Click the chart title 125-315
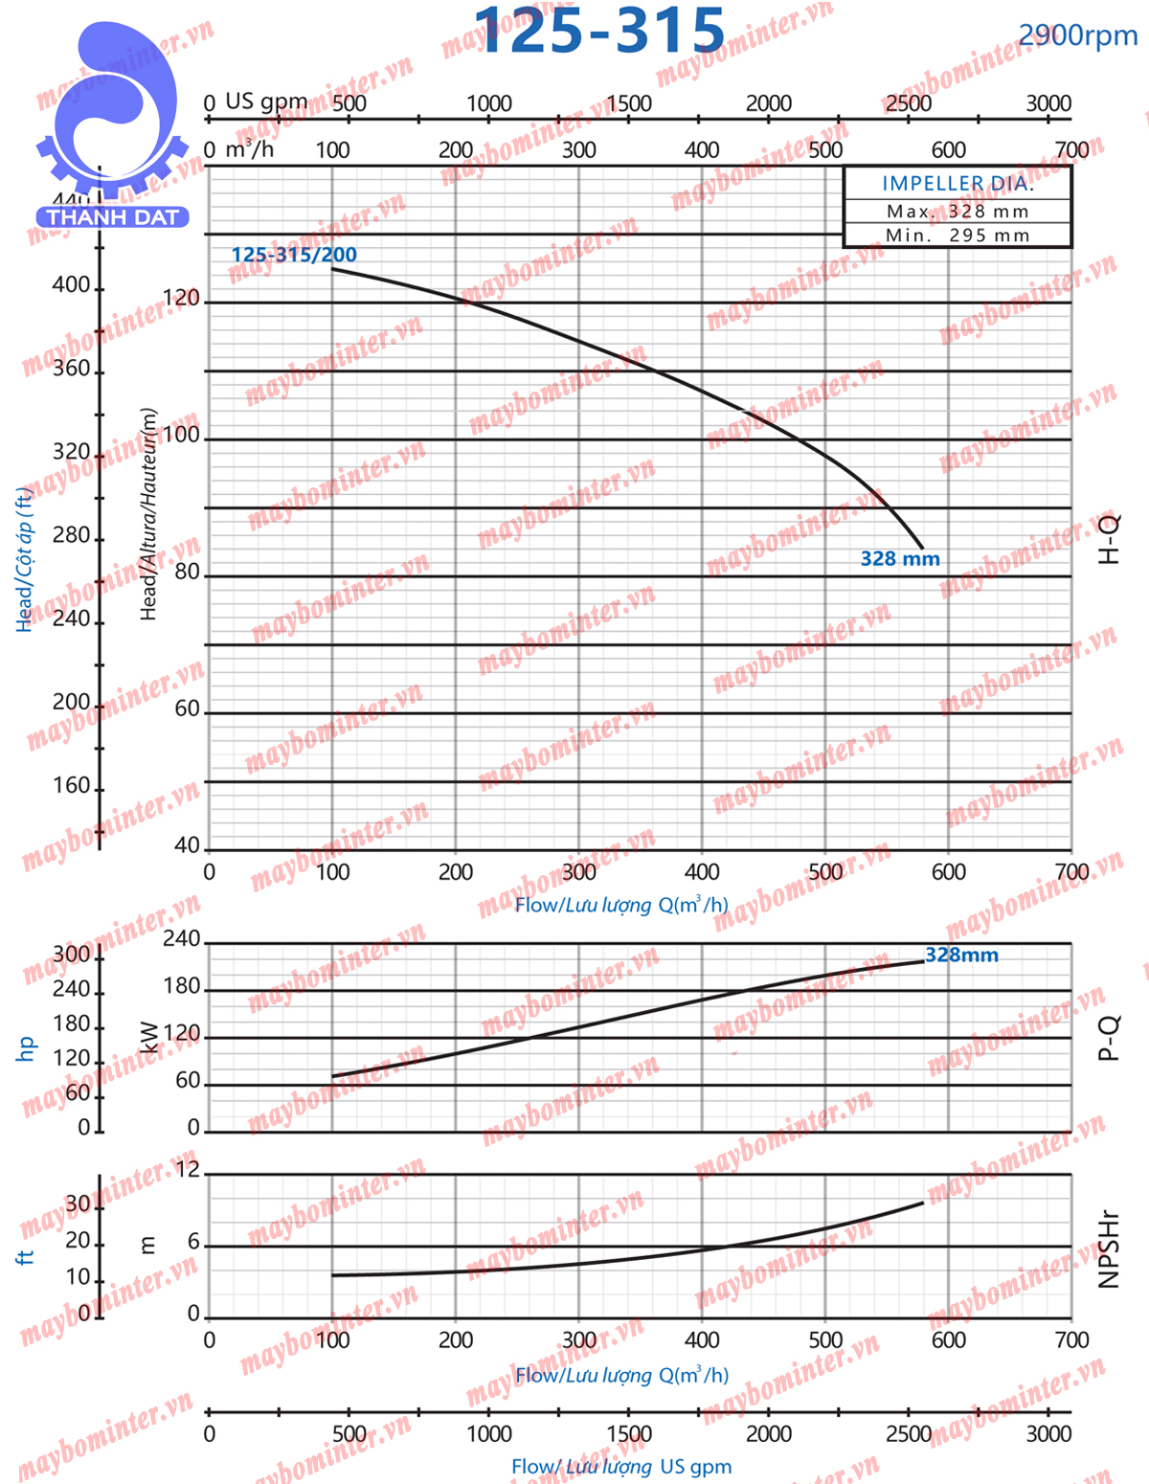click(x=599, y=31)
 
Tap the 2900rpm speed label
click(x=1077, y=35)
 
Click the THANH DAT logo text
click(x=113, y=217)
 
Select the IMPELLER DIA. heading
click(x=957, y=183)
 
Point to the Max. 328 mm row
click(x=957, y=212)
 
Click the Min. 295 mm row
click(x=957, y=236)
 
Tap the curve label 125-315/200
click(x=294, y=255)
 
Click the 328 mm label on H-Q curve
click(x=900, y=559)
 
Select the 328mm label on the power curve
click(x=961, y=956)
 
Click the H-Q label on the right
click(x=1108, y=539)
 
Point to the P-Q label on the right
click(x=1108, y=1038)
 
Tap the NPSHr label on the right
click(x=1108, y=1249)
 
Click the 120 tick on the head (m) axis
click(x=181, y=299)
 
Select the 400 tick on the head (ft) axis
click(x=71, y=285)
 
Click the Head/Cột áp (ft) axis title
click(x=25, y=559)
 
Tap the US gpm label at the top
click(x=266, y=101)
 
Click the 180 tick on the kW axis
click(x=182, y=987)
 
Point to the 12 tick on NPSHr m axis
click(x=188, y=1170)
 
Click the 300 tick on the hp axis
click(x=71, y=955)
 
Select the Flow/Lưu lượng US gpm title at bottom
click(x=621, y=1467)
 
